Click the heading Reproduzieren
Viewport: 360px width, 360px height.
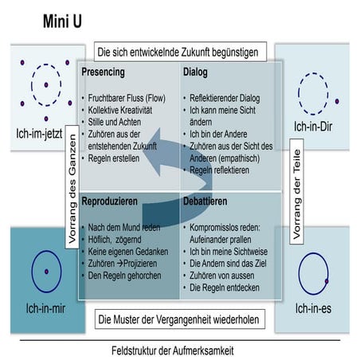click(x=115, y=203)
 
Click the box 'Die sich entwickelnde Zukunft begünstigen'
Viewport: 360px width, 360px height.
click(x=178, y=53)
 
